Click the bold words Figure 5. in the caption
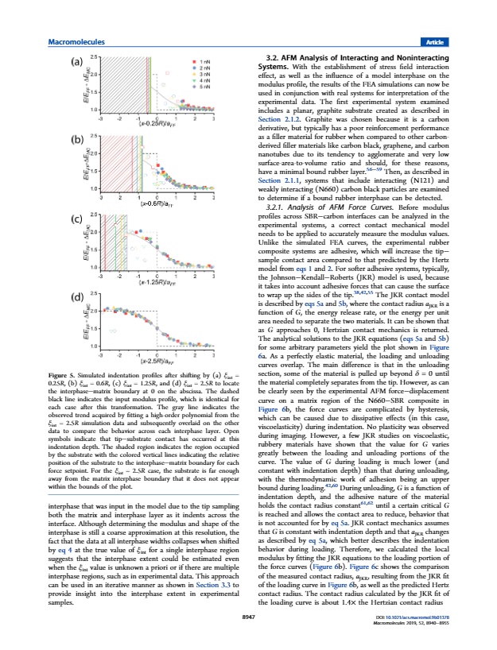(64, 373)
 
